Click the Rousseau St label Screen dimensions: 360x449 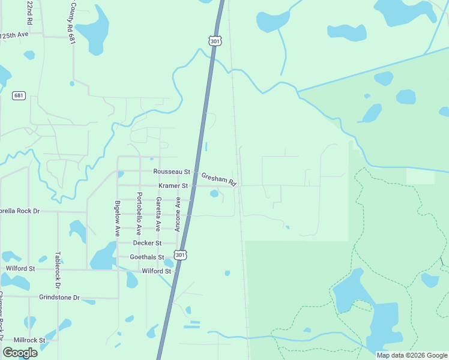click(x=171, y=172)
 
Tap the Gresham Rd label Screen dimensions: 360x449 click(x=219, y=178)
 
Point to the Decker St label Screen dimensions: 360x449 click(x=147, y=243)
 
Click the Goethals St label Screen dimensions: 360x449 click(x=147, y=257)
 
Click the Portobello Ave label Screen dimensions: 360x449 click(x=139, y=213)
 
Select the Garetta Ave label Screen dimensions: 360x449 click(x=158, y=214)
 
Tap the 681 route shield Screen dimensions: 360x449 click(x=19, y=95)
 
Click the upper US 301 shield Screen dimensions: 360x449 click(x=215, y=40)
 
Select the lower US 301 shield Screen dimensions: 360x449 click(x=180, y=255)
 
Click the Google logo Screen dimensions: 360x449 click(x=20, y=353)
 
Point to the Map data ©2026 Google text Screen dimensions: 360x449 click(x=411, y=355)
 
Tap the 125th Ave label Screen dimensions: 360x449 click(x=14, y=35)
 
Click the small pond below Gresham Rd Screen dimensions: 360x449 click(x=214, y=193)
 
